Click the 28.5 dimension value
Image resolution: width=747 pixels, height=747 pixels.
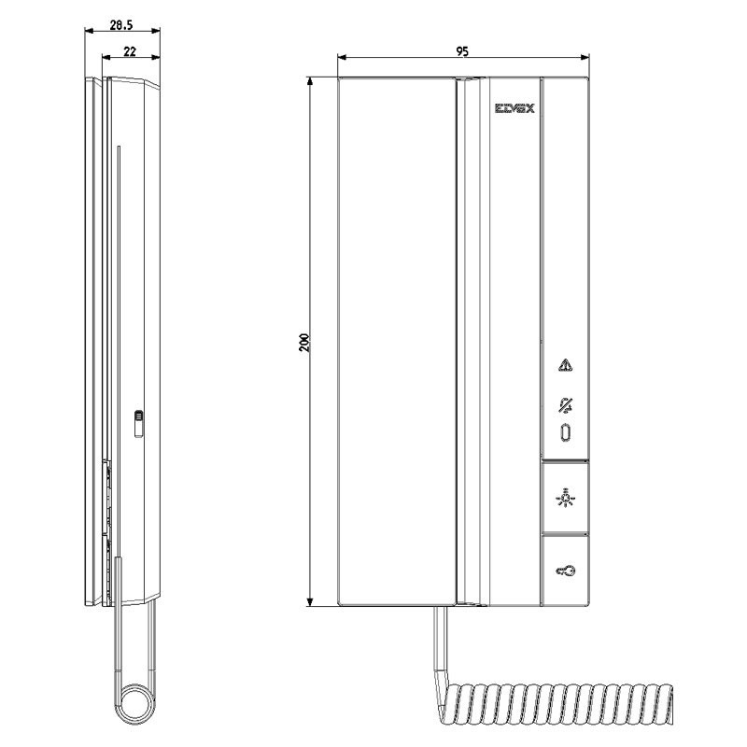(x=120, y=25)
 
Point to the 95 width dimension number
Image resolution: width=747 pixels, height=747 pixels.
(x=462, y=52)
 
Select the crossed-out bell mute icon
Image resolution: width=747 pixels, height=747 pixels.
(x=565, y=405)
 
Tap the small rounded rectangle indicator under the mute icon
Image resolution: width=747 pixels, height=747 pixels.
(x=565, y=433)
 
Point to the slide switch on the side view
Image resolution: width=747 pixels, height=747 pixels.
(x=138, y=423)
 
